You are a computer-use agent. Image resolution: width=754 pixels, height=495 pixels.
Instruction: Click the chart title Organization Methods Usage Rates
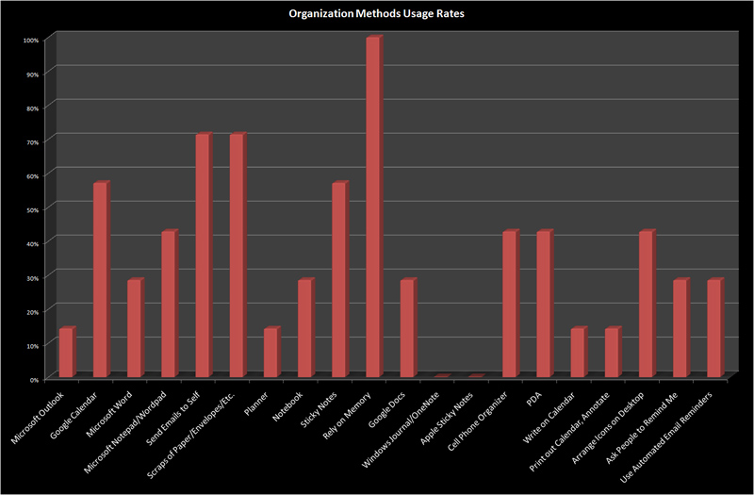[376, 15]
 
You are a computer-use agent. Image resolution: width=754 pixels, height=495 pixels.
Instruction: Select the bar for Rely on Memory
[373, 207]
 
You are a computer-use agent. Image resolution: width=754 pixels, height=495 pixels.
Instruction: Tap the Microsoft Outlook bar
[66, 354]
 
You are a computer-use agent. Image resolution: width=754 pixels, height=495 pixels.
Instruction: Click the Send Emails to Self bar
[203, 256]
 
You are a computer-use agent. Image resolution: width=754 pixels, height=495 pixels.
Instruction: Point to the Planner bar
[270, 354]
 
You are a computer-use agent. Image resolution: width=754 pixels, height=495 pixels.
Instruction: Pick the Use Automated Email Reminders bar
[714, 329]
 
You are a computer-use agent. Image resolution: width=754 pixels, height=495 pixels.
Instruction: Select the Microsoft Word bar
[134, 329]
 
